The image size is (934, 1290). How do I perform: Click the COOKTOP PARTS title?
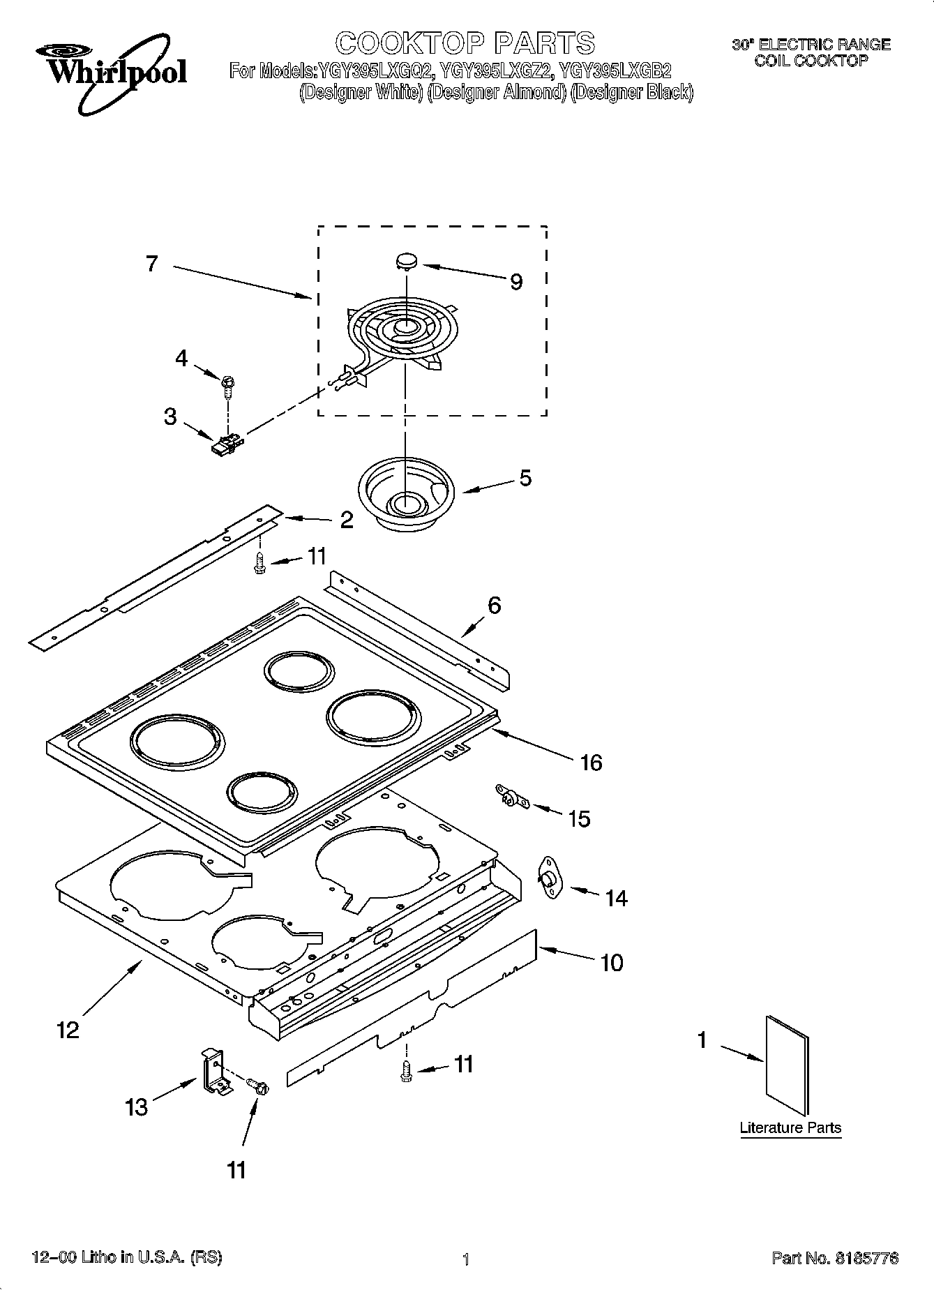pos(465,43)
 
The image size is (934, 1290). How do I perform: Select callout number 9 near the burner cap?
pos(515,282)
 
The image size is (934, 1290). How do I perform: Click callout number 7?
pos(152,264)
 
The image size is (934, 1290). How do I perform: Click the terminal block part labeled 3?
pos(227,444)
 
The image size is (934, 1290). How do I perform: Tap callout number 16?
pos(591,763)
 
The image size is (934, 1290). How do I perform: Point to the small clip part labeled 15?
pos(512,797)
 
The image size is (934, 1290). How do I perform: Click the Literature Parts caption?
pos(790,1128)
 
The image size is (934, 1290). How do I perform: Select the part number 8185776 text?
pos(834,1259)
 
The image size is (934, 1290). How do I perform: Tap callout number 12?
pos(68,1030)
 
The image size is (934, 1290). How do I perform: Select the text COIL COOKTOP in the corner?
pos(811,61)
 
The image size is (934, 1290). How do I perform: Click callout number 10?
pos(611,963)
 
